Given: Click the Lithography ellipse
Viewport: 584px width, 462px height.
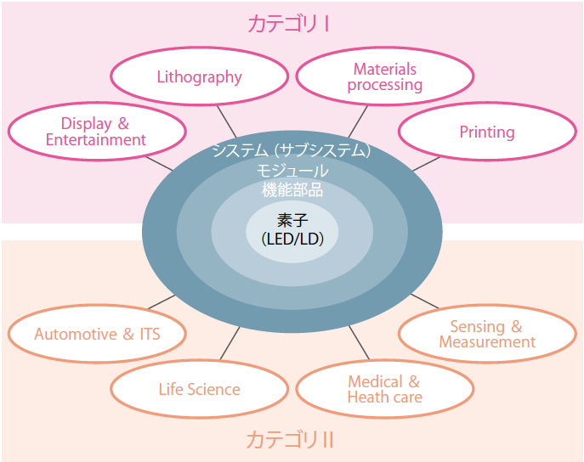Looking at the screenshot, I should point(199,77).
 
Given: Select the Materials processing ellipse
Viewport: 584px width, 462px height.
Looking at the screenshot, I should point(384,77).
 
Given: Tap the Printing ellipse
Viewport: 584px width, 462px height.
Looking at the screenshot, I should point(486,132).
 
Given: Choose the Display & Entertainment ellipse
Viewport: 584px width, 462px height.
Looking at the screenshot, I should point(96,132).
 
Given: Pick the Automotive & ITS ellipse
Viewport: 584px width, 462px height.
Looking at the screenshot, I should point(97,334).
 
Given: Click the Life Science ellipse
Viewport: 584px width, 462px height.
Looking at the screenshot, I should point(199,390).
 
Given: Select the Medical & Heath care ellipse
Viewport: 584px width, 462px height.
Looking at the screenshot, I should point(384,389).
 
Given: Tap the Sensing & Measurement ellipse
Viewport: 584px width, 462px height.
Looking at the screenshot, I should point(486,334).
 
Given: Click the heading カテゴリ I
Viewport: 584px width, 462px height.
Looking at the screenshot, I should point(289,24).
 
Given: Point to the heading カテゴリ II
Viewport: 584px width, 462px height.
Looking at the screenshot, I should point(289,440).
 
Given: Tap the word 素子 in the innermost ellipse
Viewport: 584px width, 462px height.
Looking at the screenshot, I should point(292,221).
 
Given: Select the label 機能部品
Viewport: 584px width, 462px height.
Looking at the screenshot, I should point(292,189).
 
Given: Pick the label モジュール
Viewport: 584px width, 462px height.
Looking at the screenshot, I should point(292,171).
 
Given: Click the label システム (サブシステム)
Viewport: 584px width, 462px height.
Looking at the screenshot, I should point(292,151).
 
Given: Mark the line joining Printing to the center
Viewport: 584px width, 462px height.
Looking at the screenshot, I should point(422,165).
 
